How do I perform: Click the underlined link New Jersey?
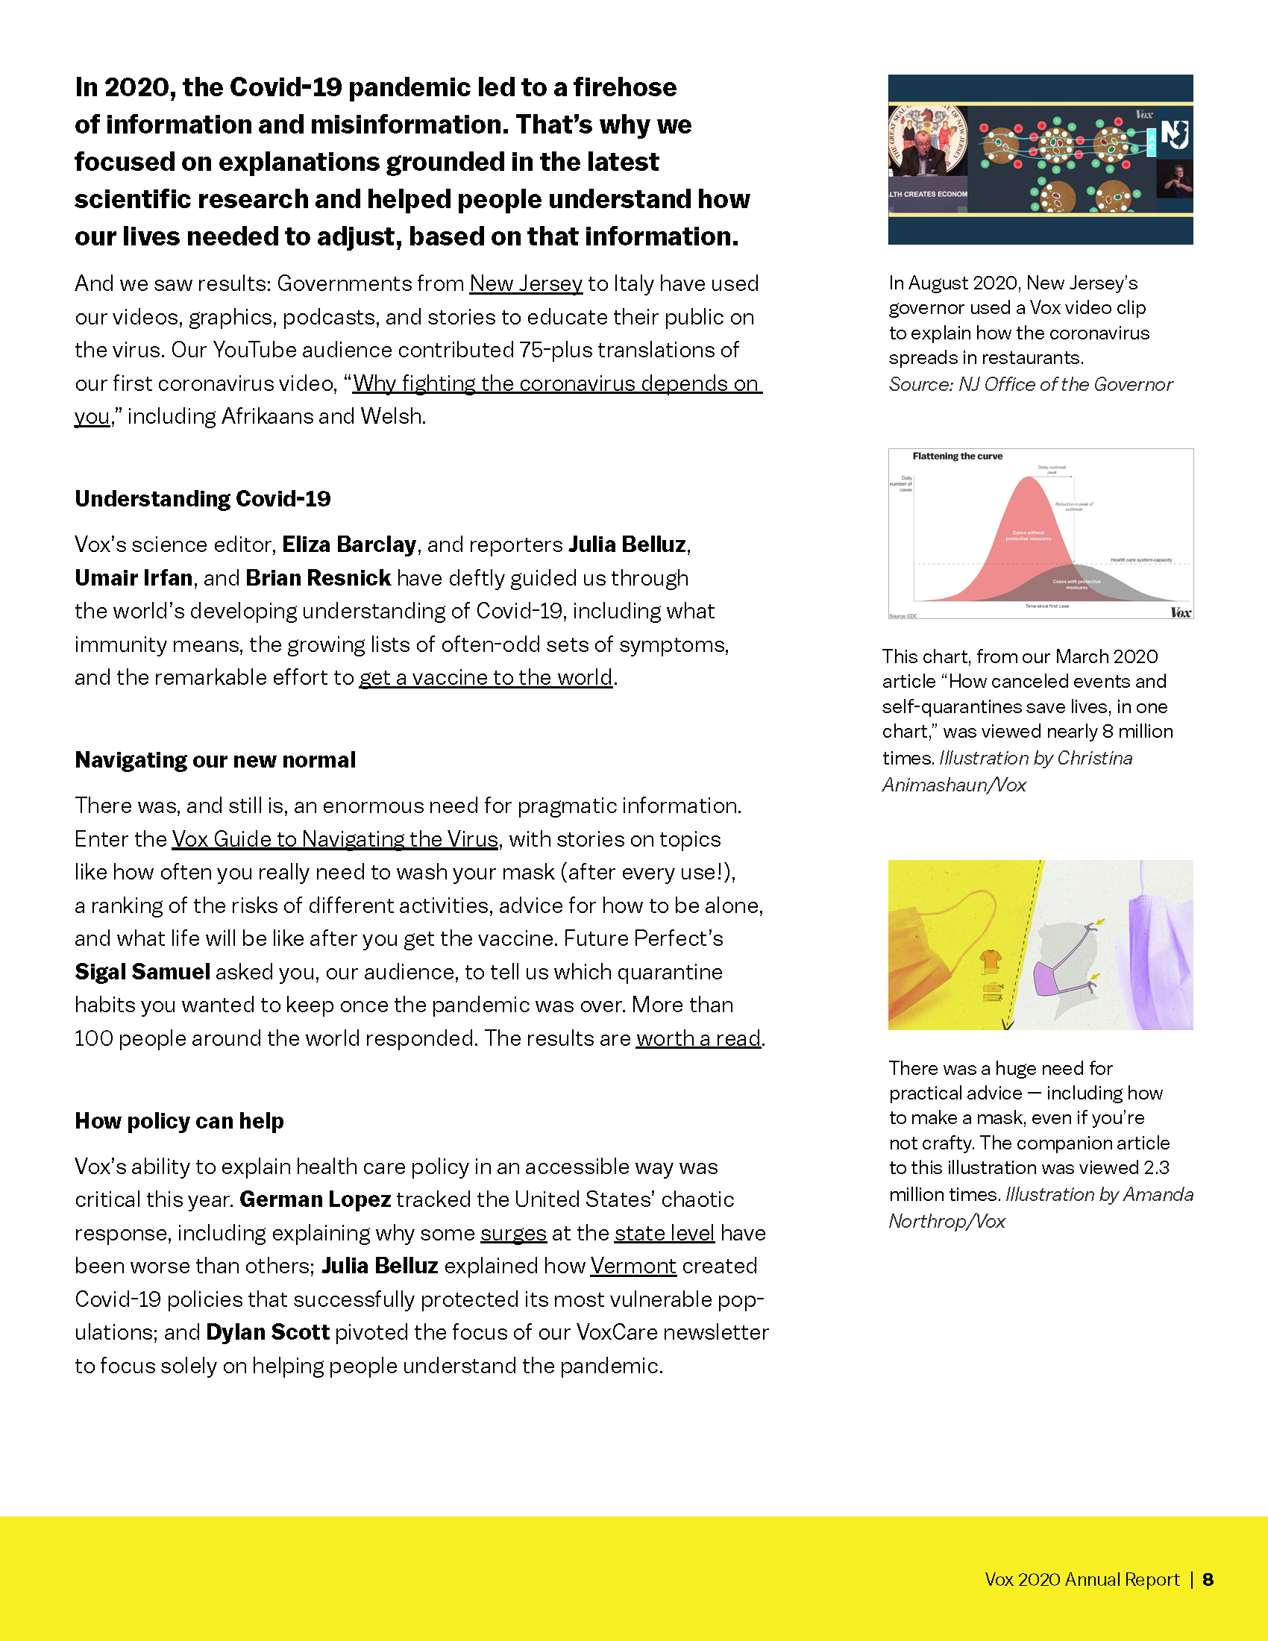(526, 284)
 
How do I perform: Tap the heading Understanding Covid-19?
(203, 499)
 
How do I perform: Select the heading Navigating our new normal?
(215, 760)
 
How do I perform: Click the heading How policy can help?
(179, 1121)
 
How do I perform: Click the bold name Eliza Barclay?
(348, 545)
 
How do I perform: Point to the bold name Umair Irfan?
(134, 578)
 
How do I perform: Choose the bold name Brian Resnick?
(318, 578)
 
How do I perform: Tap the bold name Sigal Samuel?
(142, 972)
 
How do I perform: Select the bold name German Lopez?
(315, 1200)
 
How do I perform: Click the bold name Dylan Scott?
(268, 1332)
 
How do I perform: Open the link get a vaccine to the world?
(486, 678)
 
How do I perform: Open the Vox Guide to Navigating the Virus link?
(335, 839)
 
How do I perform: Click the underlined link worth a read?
(698, 1038)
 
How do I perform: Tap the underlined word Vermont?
(633, 1266)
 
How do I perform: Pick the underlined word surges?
(513, 1233)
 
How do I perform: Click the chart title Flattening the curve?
(957, 456)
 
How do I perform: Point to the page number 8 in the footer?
(1208, 1579)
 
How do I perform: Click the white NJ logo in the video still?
(1175, 134)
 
